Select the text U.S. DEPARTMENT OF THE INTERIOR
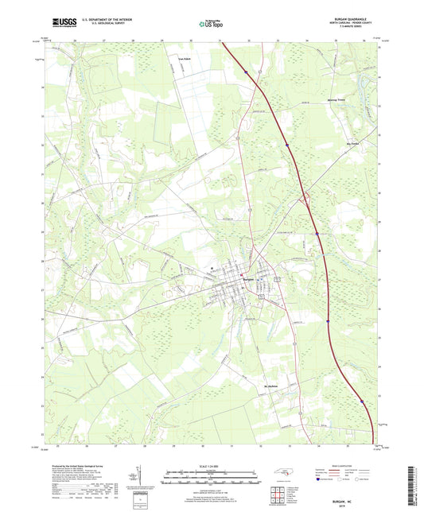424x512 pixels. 112,19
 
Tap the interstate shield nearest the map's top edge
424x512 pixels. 247,73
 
